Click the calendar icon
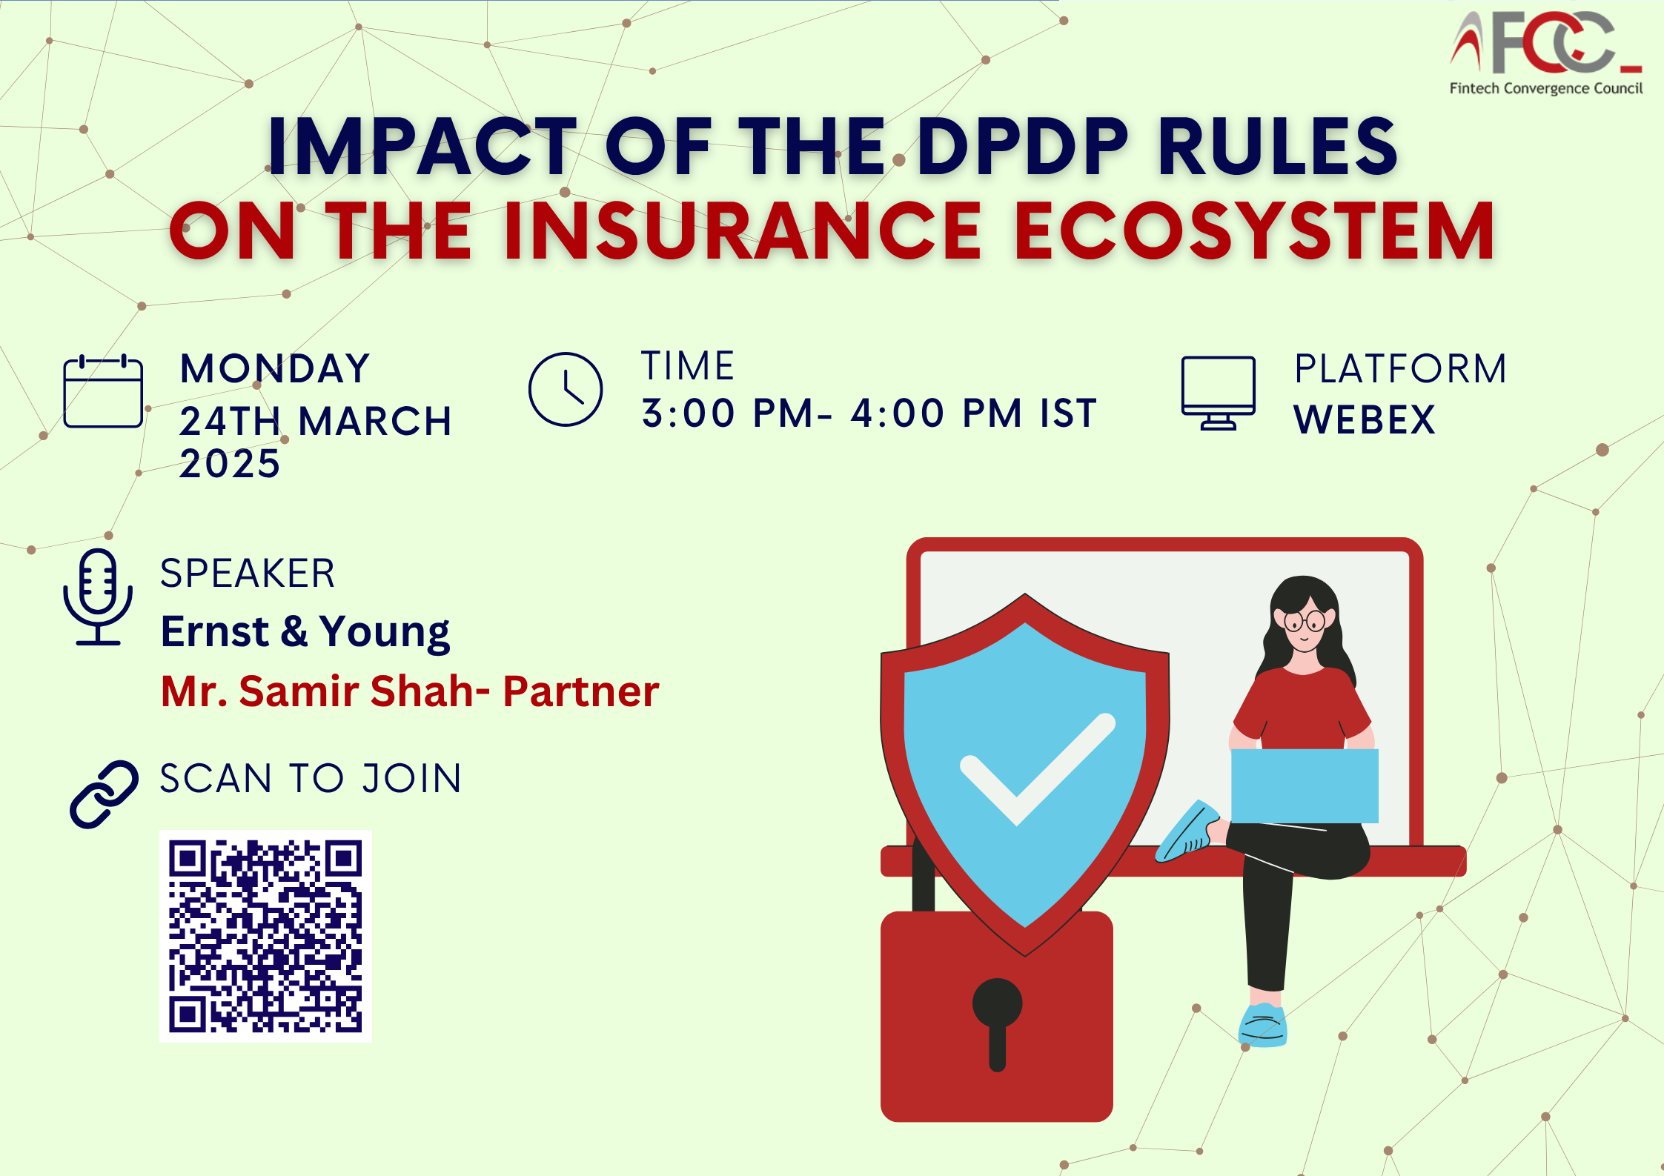[x=103, y=391]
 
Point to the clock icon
[x=566, y=389]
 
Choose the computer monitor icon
[x=1218, y=393]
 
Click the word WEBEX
[x=1365, y=420]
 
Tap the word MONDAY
[x=275, y=368]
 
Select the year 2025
[x=230, y=465]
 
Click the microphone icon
[x=98, y=597]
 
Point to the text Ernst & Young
[x=305, y=632]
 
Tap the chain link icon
[x=104, y=794]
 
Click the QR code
[x=265, y=936]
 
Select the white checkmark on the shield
[x=1037, y=769]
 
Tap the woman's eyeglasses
[x=1305, y=621]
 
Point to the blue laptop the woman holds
[x=1305, y=785]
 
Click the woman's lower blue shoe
[x=1263, y=1025]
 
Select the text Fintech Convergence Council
[x=1546, y=89]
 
